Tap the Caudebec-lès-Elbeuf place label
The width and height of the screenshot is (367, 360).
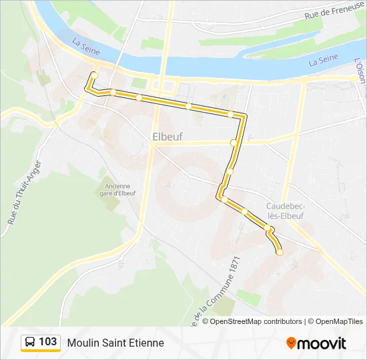click(286, 211)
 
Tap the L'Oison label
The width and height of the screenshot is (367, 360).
click(359, 69)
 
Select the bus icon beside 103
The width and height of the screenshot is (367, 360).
click(30, 343)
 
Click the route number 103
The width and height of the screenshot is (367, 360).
click(48, 342)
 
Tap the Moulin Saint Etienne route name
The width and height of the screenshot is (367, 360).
click(115, 343)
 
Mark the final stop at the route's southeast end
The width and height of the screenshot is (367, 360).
click(280, 252)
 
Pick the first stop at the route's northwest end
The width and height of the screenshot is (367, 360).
click(94, 75)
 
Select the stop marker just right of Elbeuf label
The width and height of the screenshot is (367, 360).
click(234, 143)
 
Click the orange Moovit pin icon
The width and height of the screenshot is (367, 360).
click(291, 343)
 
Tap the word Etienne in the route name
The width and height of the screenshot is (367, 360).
click(147, 343)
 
